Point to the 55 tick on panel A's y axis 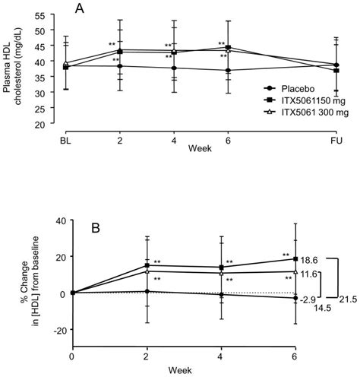57,16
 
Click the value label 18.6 309,260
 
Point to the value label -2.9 309,300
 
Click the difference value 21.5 347,299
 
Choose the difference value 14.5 322,309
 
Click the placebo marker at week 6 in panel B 295,299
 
